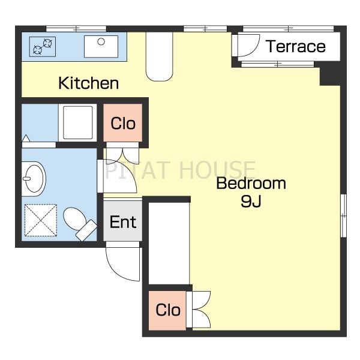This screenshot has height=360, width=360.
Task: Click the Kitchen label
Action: coord(89,83)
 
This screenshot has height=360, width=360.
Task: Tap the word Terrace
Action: coord(296,46)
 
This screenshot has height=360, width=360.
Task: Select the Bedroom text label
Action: coord(251,183)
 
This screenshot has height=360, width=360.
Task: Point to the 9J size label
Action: coord(251,202)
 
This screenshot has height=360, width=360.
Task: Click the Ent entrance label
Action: coord(123,222)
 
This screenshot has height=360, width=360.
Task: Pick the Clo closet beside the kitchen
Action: coord(123,123)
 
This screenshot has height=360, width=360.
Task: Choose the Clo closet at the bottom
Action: coord(168,310)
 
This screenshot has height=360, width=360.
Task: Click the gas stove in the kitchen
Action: coord(43,47)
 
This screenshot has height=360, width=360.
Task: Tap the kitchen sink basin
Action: coord(101,47)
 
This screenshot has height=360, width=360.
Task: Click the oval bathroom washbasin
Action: coord(34,179)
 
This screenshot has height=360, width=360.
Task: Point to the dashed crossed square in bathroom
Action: coord(41,220)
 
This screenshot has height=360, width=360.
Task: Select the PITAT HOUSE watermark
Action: coord(180,170)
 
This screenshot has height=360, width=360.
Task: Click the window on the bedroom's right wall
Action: coord(343,216)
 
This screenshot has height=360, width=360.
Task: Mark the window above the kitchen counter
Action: coord(76,29)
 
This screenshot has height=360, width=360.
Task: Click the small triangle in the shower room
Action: coord(26,138)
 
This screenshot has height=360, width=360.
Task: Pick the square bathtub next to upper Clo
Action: coord(77,122)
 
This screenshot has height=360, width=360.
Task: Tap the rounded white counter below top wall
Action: coord(160,57)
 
